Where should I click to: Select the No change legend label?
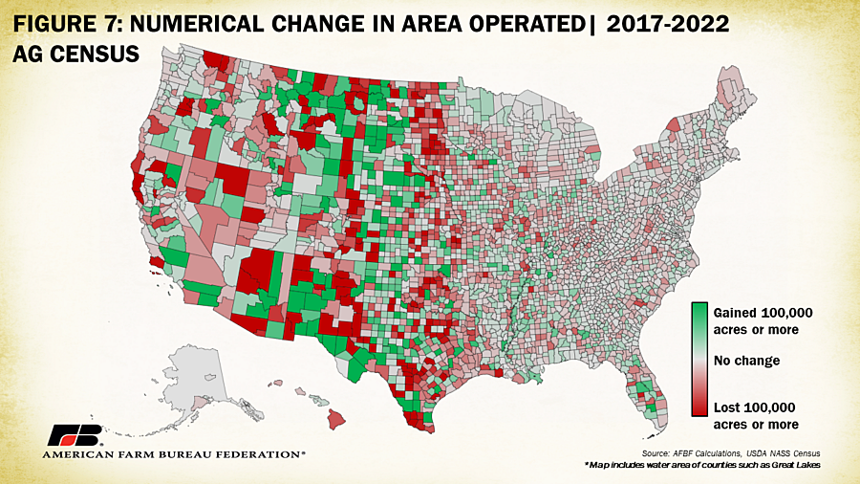point(747,361)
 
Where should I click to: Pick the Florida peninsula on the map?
point(646,392)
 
